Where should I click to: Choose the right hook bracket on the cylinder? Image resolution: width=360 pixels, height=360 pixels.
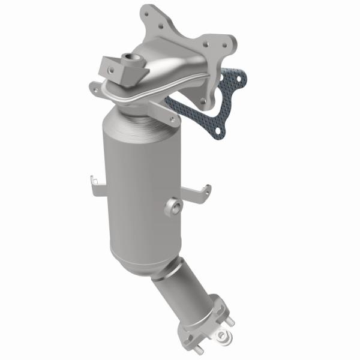pyautogui.click(x=201, y=191)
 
